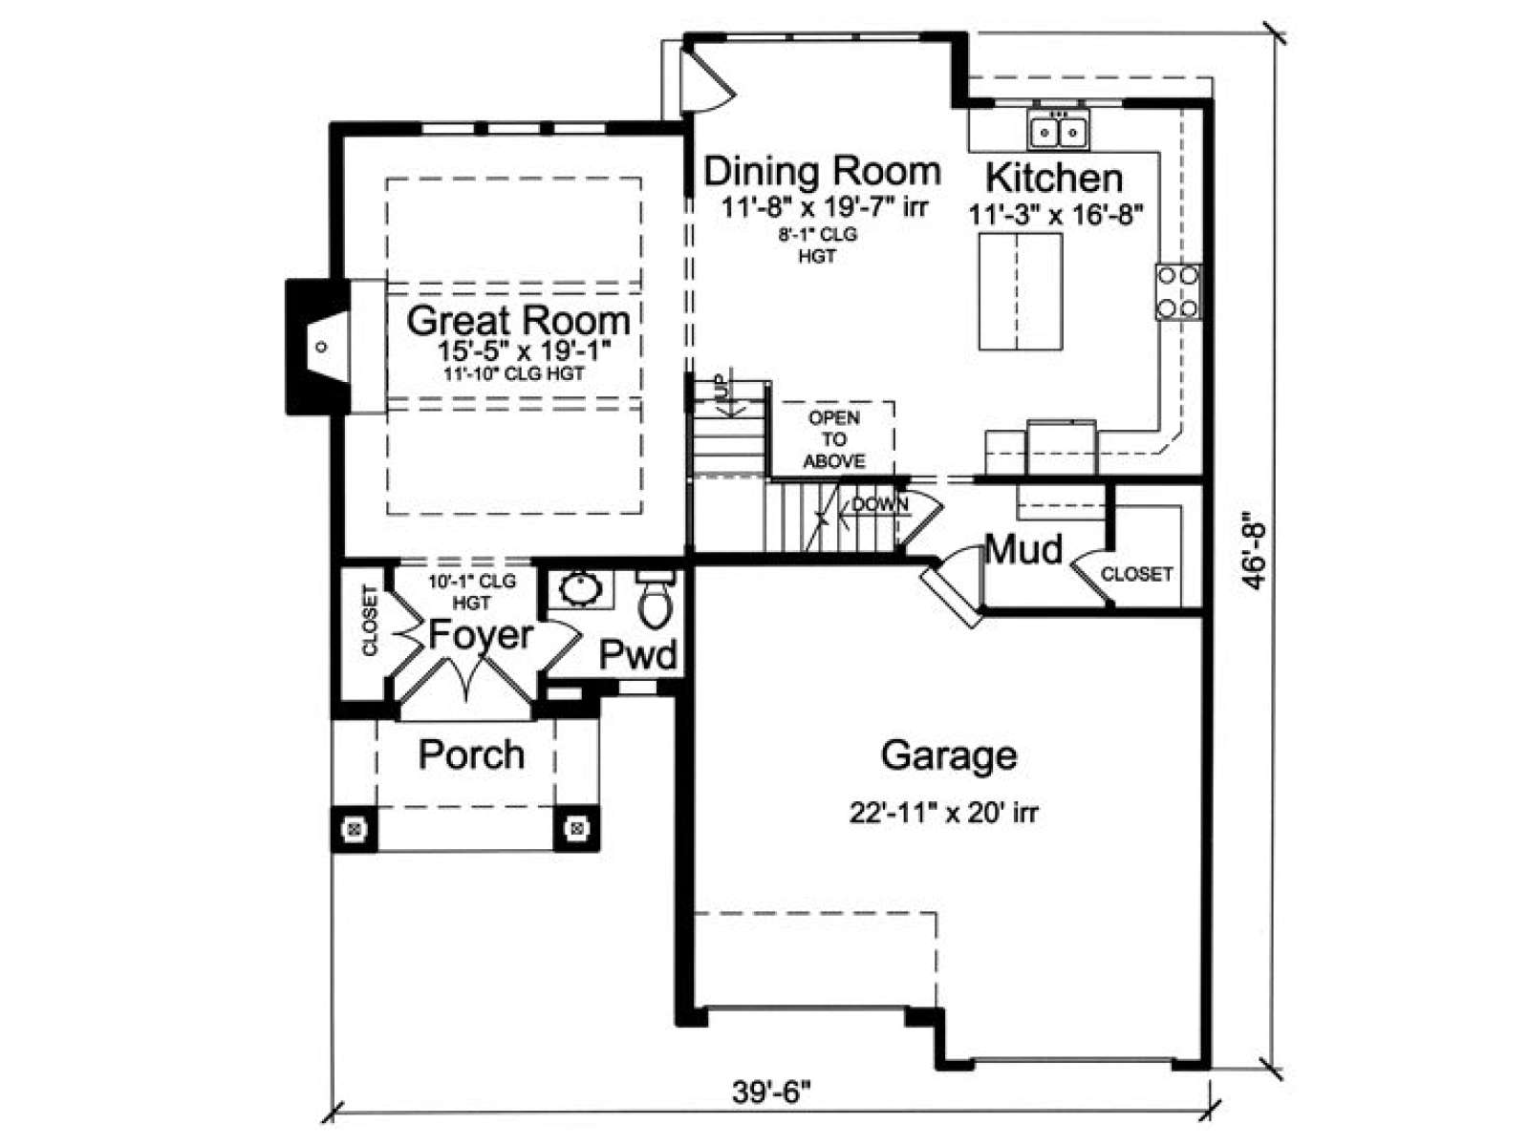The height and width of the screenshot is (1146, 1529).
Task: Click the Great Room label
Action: (x=518, y=321)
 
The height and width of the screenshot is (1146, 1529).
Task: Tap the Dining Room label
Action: (x=822, y=171)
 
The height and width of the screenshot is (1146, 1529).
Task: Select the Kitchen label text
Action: (x=1054, y=179)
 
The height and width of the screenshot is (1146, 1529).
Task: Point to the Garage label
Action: (x=949, y=755)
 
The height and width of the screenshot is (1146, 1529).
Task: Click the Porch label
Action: (x=471, y=754)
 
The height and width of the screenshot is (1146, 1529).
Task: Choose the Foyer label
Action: (x=481, y=634)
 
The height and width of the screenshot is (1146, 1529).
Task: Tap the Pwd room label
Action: (x=637, y=654)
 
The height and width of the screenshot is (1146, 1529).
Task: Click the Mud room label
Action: (x=1024, y=549)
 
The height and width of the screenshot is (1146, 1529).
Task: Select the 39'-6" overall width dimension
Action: (x=772, y=1093)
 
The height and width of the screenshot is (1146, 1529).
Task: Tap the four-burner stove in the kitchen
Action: (x=1178, y=291)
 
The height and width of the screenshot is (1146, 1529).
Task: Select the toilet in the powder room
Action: (x=656, y=597)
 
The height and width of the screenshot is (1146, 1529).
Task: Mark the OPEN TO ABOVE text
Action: (x=834, y=439)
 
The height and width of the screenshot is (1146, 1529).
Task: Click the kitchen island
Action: (x=1021, y=291)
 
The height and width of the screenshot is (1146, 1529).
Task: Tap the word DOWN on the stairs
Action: (x=880, y=504)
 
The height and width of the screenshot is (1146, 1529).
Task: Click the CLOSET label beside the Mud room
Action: (x=1137, y=574)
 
